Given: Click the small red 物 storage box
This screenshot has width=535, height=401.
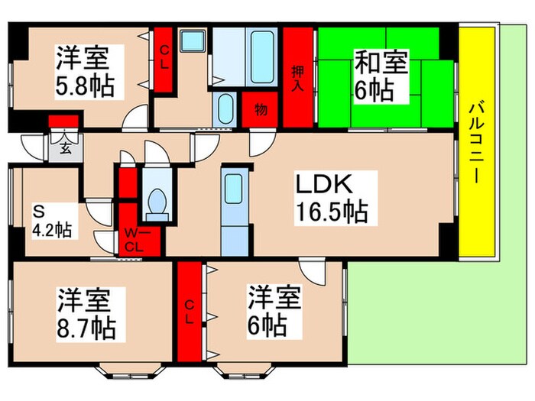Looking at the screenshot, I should [261, 110].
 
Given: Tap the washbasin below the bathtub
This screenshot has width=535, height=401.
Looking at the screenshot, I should [226, 108].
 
